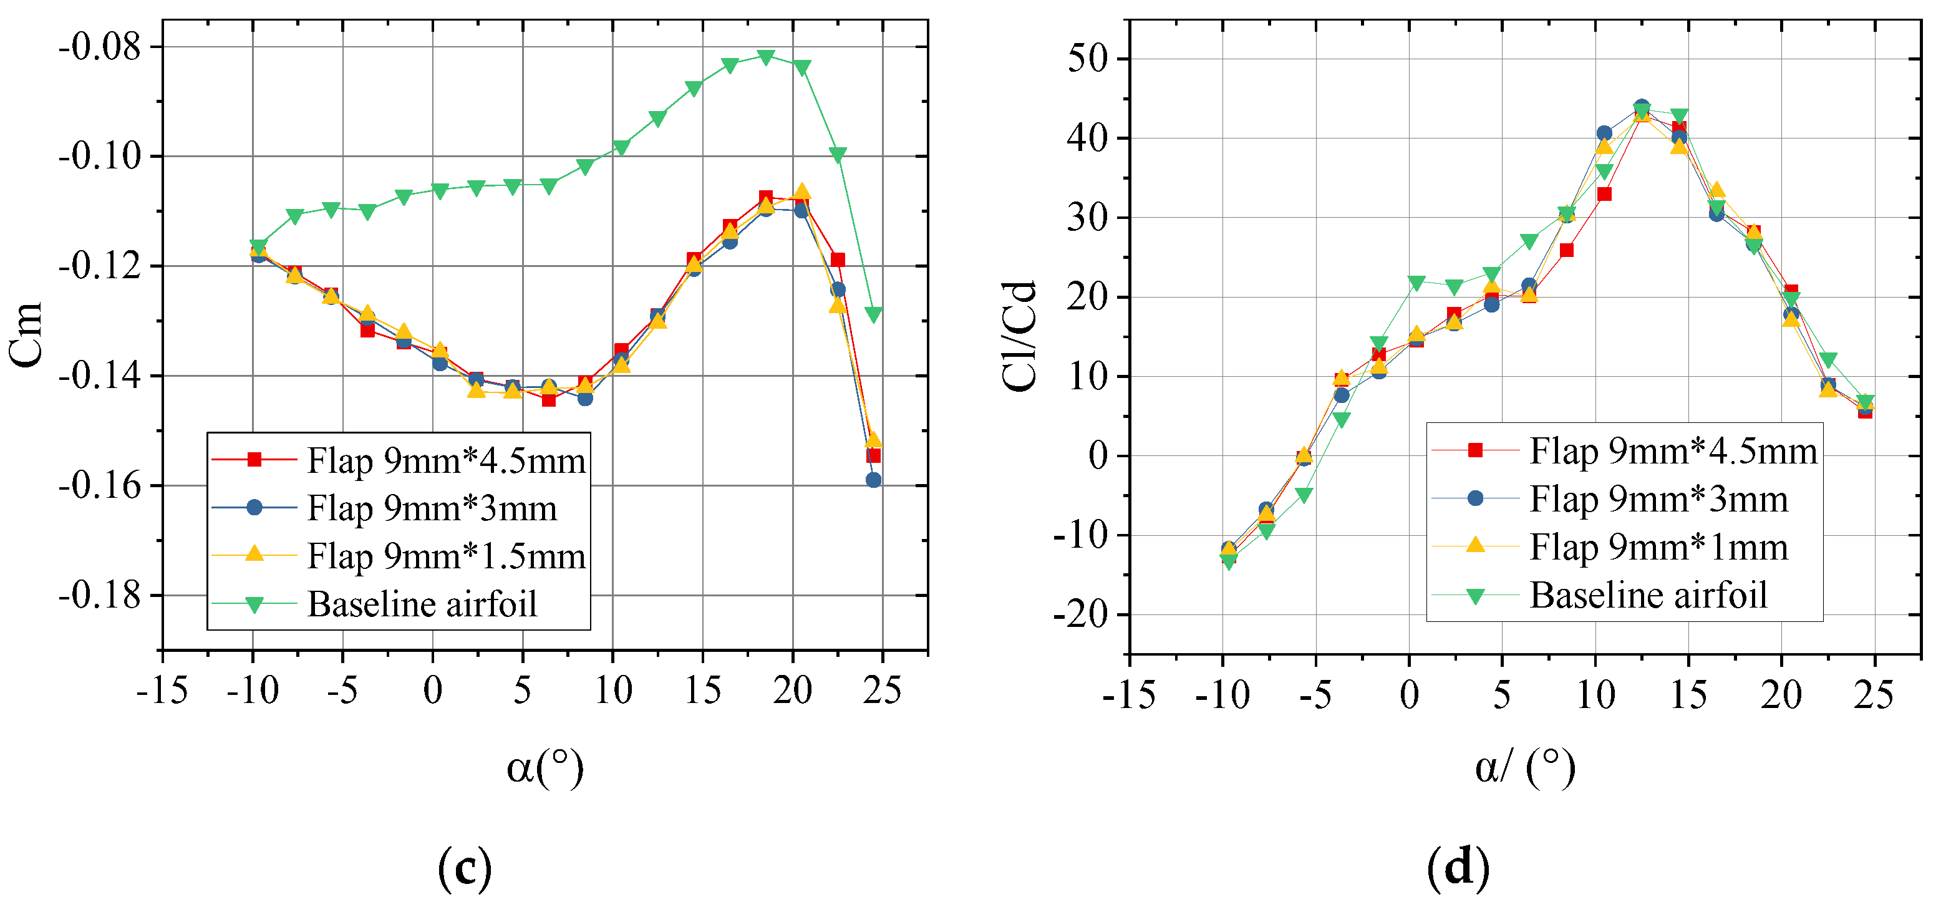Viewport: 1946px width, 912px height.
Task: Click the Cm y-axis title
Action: pyautogui.click(x=26, y=335)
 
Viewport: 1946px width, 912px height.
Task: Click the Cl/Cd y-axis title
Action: pyautogui.click(x=1020, y=336)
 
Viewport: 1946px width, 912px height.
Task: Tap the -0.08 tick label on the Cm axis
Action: pyautogui.click(x=100, y=47)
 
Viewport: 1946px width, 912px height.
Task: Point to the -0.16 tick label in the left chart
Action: pyautogui.click(x=100, y=485)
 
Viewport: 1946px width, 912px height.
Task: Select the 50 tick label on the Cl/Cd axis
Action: pyautogui.click(x=1087, y=59)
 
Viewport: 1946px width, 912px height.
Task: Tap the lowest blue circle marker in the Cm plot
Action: pyautogui.click(x=873, y=480)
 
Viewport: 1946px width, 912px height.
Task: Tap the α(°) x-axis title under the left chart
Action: pyautogui.click(x=545, y=768)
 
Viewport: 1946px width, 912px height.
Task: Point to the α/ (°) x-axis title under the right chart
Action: pyautogui.click(x=1524, y=768)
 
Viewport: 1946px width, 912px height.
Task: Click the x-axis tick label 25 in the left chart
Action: pyautogui.click(x=881, y=690)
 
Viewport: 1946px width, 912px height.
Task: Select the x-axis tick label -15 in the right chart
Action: pyautogui.click(x=1129, y=694)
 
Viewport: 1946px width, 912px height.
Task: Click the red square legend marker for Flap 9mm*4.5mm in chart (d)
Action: pyautogui.click(x=1474, y=450)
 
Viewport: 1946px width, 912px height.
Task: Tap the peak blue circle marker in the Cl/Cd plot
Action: pyautogui.click(x=1641, y=107)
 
